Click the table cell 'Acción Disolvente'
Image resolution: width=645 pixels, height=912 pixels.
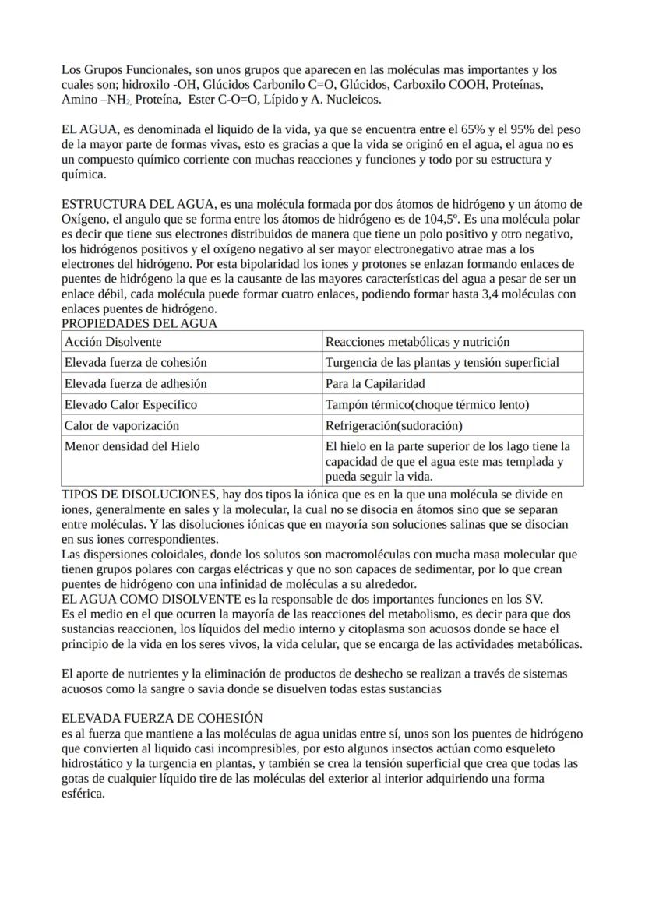tap(114, 342)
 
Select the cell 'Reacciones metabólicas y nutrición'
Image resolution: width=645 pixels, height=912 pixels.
tap(418, 342)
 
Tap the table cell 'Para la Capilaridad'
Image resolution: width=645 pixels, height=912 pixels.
tap(375, 383)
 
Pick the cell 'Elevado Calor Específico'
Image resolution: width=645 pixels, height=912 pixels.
tap(131, 404)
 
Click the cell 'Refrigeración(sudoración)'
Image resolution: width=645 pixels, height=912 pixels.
tap(393, 425)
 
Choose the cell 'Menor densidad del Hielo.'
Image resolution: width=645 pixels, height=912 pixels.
tap(132, 446)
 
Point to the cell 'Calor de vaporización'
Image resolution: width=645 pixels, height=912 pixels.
tap(122, 425)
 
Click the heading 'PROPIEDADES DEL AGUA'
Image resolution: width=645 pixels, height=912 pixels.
tap(139, 323)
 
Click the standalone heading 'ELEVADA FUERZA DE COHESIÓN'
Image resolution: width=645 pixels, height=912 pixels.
tap(162, 718)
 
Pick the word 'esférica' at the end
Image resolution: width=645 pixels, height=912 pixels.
tap(82, 794)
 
